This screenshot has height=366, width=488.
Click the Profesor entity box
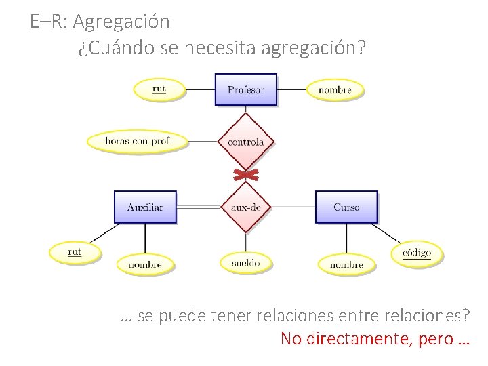pyautogui.click(x=245, y=89)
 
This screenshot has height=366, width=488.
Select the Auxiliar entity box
pyautogui.click(x=145, y=207)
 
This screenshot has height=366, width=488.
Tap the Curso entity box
pyautogui.click(x=346, y=207)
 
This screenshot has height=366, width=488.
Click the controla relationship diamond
pyautogui.click(x=245, y=142)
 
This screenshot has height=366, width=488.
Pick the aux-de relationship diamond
pyautogui.click(x=245, y=207)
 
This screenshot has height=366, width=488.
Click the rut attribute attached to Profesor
pyautogui.click(x=159, y=89)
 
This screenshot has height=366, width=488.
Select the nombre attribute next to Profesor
pyautogui.click(x=335, y=89)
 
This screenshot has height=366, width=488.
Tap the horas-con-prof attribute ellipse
pyautogui.click(x=137, y=142)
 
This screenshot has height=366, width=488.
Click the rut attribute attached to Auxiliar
pyautogui.click(x=75, y=252)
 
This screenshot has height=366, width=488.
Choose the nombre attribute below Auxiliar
pyautogui.click(x=145, y=264)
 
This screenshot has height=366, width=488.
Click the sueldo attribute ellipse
pyautogui.click(x=245, y=262)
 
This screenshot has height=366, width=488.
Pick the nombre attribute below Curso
pyautogui.click(x=346, y=264)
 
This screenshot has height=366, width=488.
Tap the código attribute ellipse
pyautogui.click(x=416, y=253)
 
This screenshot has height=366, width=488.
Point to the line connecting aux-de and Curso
pyautogui.click(x=293, y=207)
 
